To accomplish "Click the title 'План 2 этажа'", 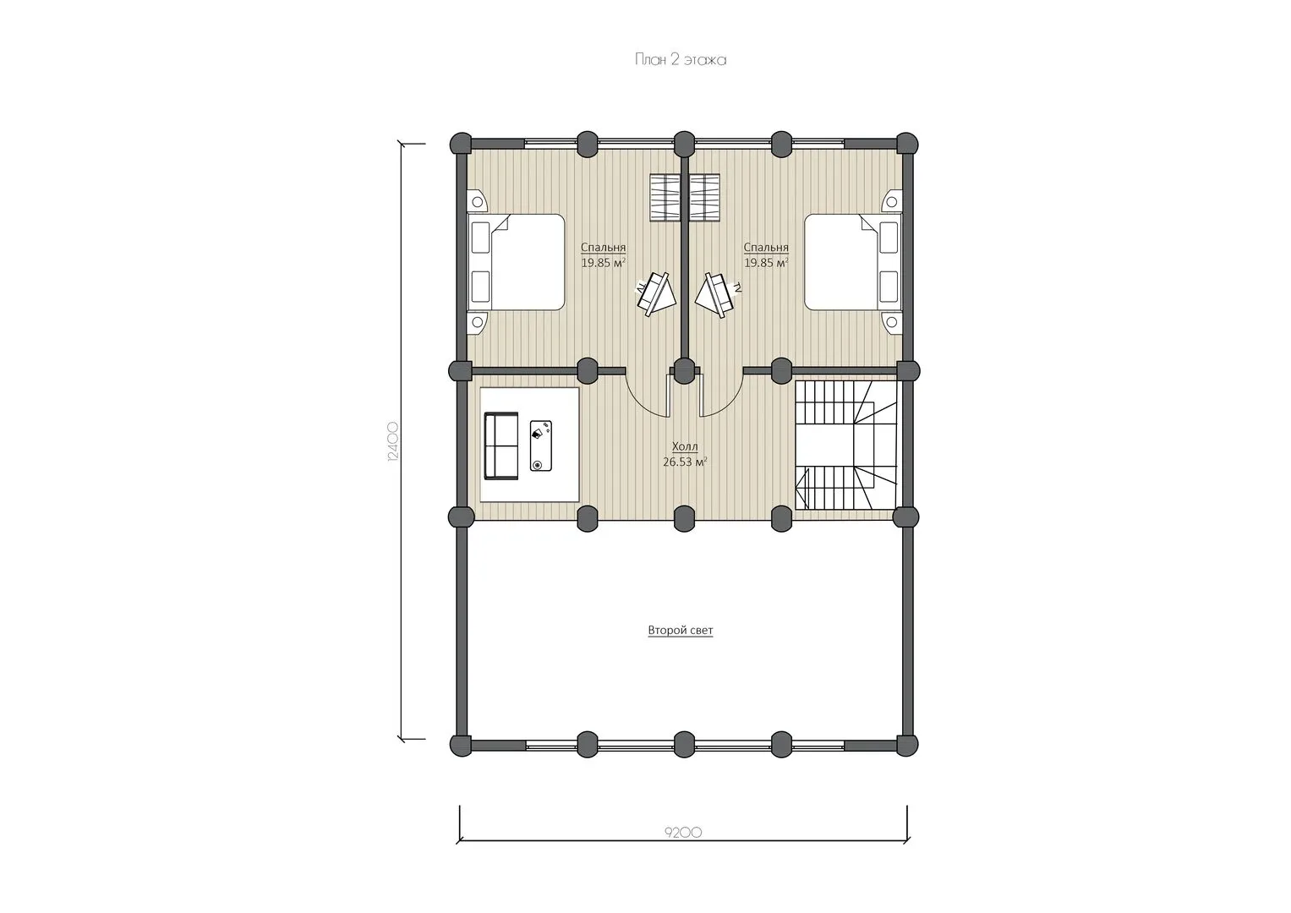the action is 680,60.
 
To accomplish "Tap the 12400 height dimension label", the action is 392,442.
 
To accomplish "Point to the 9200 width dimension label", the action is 683,833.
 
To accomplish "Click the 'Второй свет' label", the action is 680,630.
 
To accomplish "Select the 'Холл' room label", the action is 685,446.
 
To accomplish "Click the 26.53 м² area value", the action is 685,461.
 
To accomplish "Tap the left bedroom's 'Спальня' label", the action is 603,247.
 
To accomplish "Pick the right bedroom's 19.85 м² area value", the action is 766,263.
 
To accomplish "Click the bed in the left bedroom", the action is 515,262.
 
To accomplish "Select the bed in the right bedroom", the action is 853,262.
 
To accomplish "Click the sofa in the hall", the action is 501,446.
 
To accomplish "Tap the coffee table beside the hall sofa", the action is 540,446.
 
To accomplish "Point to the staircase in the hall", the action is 845,445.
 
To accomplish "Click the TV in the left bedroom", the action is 656,294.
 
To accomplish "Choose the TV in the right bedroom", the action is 717,294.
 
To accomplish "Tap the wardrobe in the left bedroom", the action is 665,198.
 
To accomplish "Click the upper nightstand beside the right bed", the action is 891,202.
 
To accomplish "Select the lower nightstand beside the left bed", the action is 477,323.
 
